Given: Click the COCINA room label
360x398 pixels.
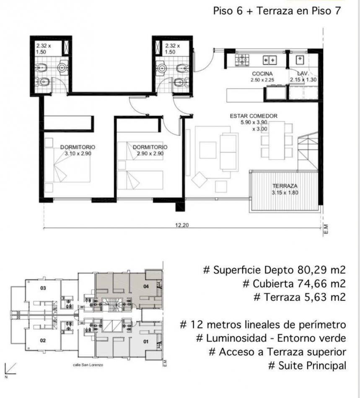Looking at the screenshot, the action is click(x=262, y=74).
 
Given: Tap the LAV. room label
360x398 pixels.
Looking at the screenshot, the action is click(x=303, y=73).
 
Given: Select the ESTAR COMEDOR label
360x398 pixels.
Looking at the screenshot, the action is click(x=254, y=116).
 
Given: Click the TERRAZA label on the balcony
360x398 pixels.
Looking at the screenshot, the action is click(x=285, y=186).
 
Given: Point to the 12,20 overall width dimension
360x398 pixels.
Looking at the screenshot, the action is click(x=182, y=225).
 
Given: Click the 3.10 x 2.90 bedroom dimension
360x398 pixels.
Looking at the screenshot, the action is click(x=78, y=154).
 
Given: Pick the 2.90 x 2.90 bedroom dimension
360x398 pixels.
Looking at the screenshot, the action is click(x=150, y=154).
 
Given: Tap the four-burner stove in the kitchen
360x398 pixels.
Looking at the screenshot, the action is click(x=242, y=60).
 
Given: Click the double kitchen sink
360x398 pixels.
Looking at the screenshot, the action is click(x=269, y=60).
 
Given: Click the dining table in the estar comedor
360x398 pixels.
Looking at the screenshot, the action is click(x=277, y=140).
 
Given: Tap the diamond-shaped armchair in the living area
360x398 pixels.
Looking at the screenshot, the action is click(x=199, y=180).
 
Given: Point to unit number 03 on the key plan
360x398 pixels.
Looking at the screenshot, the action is click(x=43, y=288).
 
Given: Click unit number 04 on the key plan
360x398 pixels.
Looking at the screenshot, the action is click(x=146, y=287).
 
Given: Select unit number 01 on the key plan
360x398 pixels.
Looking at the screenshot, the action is click(x=146, y=341).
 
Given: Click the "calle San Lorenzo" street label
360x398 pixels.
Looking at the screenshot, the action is click(x=88, y=365).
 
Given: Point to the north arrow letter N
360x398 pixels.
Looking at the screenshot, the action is click(x=6, y=377).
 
